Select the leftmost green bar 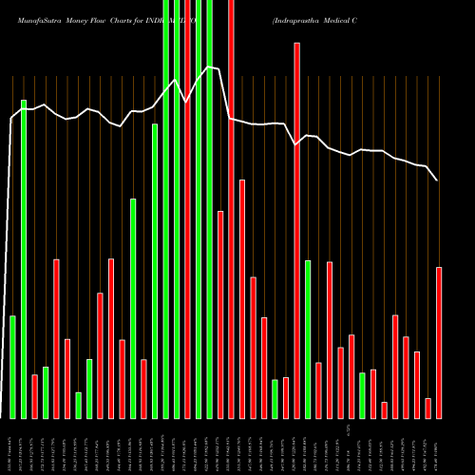12,367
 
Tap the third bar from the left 35,396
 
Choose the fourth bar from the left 46,392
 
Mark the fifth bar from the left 56,338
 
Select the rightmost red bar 439,342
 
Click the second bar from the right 428,408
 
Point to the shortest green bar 79,405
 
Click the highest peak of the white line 208,66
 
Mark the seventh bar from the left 79,405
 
